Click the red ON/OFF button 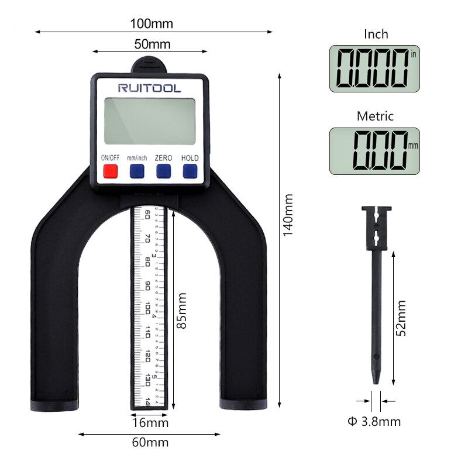110,171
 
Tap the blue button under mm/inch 137,171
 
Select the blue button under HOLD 190,171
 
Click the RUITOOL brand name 150,88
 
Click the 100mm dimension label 152,24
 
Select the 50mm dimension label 152,44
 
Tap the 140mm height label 288,215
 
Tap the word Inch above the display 376,35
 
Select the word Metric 376,116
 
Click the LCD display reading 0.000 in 374,69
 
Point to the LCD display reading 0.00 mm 374,151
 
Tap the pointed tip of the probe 376,381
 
